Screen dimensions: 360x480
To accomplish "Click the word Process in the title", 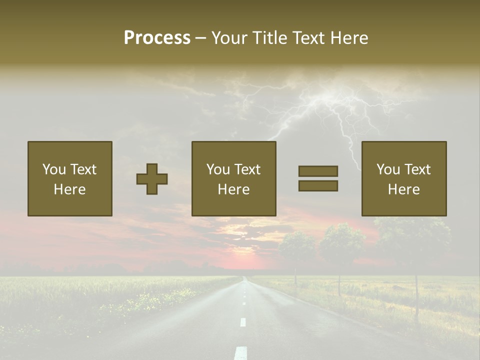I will coord(157,38).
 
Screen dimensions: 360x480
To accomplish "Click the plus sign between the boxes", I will coord(152,179).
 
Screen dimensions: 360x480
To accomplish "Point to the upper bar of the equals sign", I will coord(318,171).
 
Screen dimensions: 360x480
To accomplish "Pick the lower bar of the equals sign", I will coord(318,185).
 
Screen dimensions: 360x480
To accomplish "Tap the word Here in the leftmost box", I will coord(69,189).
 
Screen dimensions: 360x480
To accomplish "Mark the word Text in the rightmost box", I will coord(417,169).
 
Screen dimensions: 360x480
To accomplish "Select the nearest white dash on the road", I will coord(241,352).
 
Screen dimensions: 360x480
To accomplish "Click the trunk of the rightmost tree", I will coord(416,295).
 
